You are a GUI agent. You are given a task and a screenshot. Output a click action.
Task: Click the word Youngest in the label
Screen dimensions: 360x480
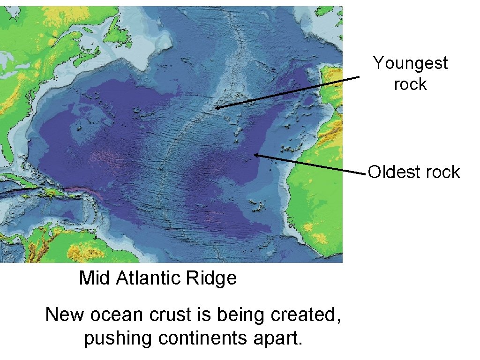pos(410,63)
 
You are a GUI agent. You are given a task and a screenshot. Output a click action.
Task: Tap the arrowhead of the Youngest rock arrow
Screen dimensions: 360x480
pos(216,108)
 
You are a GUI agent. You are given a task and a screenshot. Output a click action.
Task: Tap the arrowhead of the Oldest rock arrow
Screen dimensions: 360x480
pos(255,154)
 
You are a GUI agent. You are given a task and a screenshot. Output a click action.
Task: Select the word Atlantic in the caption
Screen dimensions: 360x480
pos(148,278)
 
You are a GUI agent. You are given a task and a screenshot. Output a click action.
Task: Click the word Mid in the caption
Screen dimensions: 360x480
pos(95,278)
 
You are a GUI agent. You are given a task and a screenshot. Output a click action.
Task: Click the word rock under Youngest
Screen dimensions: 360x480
pos(410,84)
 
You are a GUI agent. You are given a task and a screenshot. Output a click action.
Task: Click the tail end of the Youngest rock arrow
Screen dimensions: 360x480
pos(359,77)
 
